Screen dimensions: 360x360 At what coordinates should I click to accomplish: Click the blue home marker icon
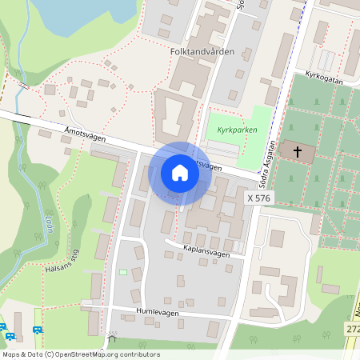(x=179, y=173)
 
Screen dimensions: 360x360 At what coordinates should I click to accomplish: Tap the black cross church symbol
(x=298, y=151)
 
